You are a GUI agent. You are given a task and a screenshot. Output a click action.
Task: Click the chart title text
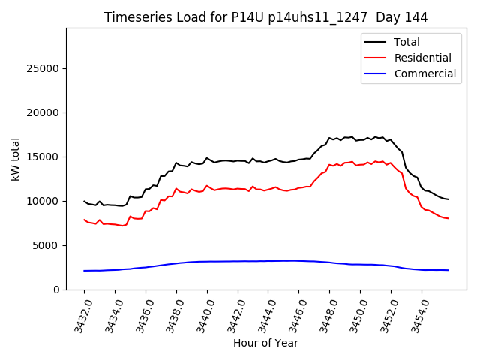(265, 17)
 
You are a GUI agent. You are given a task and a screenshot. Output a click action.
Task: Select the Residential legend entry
(422, 58)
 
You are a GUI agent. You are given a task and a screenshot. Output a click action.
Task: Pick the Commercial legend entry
(424, 73)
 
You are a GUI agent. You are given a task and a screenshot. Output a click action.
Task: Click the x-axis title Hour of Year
(265, 343)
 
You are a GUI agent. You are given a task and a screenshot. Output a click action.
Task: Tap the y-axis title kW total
(16, 159)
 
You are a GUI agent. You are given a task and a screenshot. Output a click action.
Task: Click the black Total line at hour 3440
(207, 158)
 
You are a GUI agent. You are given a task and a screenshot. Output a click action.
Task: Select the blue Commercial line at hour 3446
(298, 260)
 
